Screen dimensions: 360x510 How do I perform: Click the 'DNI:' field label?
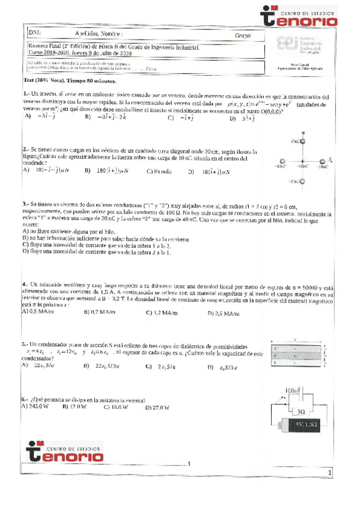(x=34, y=35)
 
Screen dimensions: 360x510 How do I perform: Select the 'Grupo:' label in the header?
(x=243, y=36)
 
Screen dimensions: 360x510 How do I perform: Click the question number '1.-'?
(x=26, y=94)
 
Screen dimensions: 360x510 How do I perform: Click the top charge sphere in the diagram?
(x=302, y=142)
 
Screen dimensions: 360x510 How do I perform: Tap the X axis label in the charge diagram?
(x=330, y=159)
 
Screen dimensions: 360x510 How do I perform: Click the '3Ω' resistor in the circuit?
(x=299, y=412)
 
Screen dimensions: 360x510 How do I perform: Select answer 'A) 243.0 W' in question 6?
(x=37, y=407)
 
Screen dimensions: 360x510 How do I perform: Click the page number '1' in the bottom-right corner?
(x=331, y=475)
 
